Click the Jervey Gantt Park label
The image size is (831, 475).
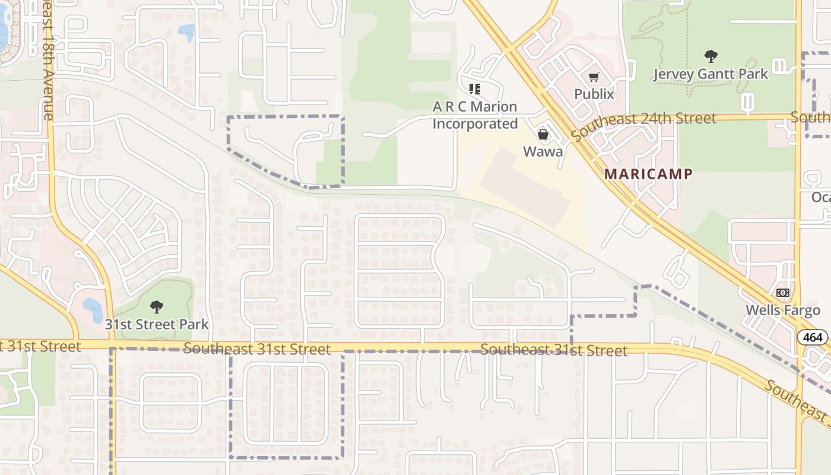coord(710,74)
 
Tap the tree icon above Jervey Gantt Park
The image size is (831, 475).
coord(711,57)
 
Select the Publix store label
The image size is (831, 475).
coord(594,94)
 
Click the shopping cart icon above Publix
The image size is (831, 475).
coord(594,77)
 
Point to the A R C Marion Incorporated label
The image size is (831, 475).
coord(475,115)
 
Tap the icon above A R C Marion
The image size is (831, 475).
coord(474,89)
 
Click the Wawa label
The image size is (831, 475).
coord(543,151)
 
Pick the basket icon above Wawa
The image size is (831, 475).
coord(543,135)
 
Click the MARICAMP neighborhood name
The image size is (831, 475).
coord(648,174)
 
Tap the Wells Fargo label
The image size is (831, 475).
coord(782,310)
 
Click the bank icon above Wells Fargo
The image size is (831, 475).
coord(782,293)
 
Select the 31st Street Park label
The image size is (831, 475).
coord(157,324)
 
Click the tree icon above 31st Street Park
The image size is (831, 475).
coord(157,307)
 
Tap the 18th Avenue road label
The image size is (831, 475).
coord(47,59)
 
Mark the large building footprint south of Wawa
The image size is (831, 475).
coord(525,188)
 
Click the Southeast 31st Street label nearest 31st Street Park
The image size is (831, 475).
coord(256,349)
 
